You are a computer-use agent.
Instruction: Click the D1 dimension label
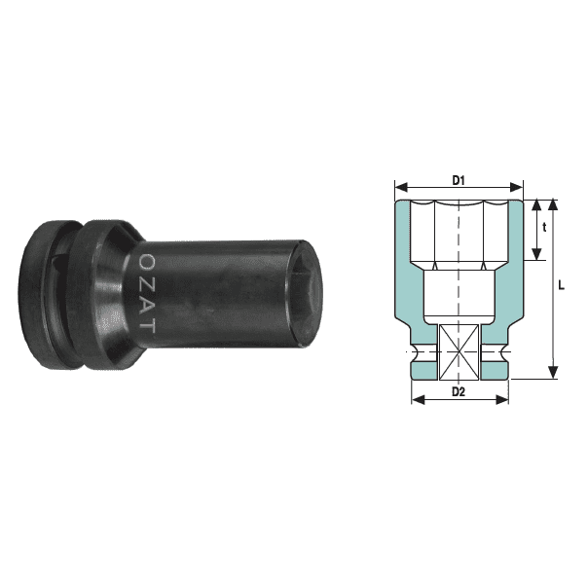click(459, 180)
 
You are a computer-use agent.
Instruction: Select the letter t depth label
click(544, 226)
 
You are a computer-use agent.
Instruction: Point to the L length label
click(564, 286)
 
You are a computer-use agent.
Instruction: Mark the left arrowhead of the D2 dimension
click(416, 399)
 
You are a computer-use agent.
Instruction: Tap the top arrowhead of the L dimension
click(552, 204)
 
